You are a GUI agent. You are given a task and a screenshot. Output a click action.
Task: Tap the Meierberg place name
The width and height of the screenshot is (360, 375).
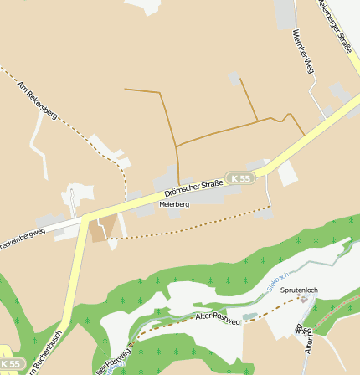click(173, 203)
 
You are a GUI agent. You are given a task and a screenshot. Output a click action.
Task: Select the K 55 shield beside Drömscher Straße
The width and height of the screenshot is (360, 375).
click(241, 178)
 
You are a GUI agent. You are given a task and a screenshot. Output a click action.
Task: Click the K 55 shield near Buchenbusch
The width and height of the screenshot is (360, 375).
click(10, 364)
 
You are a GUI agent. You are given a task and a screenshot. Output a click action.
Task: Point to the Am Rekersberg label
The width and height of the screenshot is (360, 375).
click(38, 100)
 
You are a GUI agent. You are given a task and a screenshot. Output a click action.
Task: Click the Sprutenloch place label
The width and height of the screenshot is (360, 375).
click(299, 290)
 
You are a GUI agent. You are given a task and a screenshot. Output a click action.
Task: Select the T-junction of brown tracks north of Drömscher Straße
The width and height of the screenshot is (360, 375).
click(177, 146)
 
